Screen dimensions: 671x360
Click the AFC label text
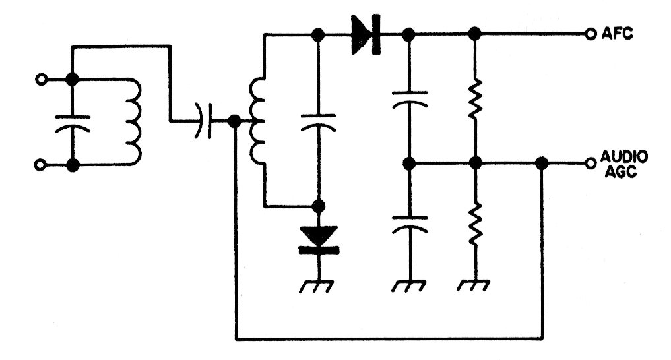tap(617, 34)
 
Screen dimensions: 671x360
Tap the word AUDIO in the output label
tap(624, 157)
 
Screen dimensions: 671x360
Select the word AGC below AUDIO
tap(620, 172)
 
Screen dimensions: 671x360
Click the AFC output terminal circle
tap(591, 34)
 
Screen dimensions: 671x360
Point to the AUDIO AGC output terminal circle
tap(591, 163)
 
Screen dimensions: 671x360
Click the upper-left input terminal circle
tap(41, 80)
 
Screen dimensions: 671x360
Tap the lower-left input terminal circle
tap(40, 165)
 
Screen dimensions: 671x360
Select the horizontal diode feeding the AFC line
tap(366, 34)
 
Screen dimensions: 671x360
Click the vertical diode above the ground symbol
tap(319, 240)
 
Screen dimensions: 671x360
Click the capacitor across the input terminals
tap(73, 123)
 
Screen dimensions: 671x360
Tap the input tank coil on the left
tap(134, 122)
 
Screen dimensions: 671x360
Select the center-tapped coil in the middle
tap(257, 121)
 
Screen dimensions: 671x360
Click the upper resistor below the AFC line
tap(474, 99)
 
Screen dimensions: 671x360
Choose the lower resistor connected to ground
tap(474, 224)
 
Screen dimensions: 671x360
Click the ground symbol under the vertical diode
tap(317, 286)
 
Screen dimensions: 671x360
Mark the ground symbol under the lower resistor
tap(473, 285)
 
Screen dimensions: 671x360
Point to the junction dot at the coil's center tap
tap(234, 121)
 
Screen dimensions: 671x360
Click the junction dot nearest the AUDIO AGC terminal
tap(542, 163)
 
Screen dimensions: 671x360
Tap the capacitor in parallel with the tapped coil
tap(318, 122)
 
